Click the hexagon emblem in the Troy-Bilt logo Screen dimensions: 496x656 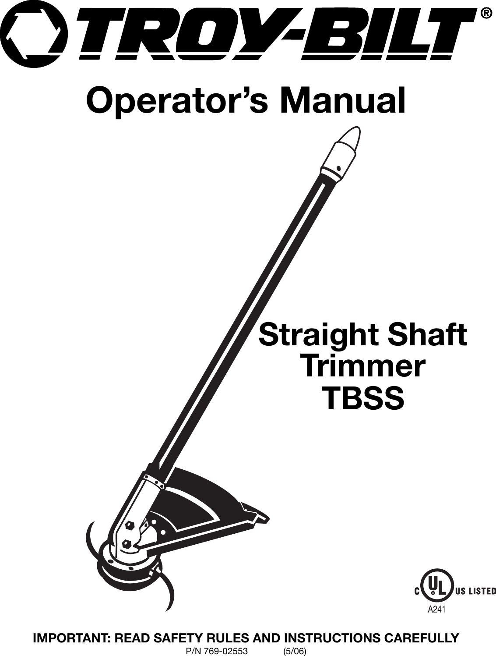pyautogui.click(x=34, y=34)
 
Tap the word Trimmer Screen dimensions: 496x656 pyautogui.click(x=362, y=368)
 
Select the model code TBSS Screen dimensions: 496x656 pyautogui.click(x=362, y=398)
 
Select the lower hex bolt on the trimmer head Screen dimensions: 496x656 pyautogui.click(x=126, y=544)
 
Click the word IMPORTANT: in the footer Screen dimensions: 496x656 pyautogui.click(x=70, y=637)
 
